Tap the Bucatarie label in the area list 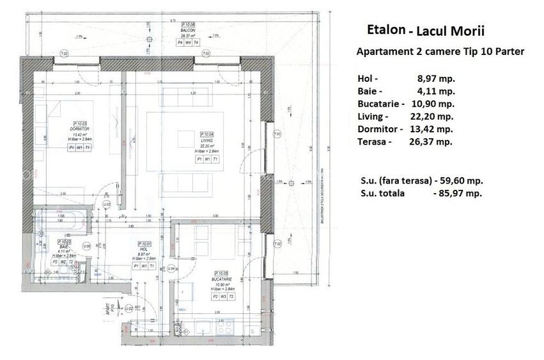click(x=381, y=104)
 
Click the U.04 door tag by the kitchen click(x=171, y=269)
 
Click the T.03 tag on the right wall click(x=276, y=134)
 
